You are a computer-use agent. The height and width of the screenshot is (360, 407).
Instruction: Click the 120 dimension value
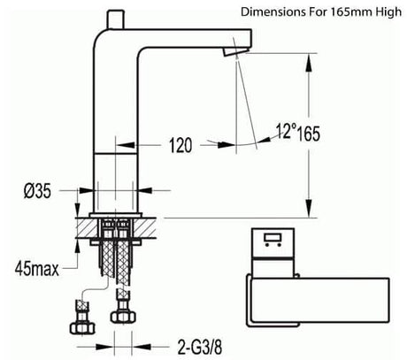[180, 145]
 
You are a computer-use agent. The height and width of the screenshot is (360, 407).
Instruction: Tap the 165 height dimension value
[308, 134]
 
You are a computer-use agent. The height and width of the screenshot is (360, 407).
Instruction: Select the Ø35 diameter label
[37, 191]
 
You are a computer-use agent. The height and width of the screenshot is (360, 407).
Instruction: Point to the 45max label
[37, 269]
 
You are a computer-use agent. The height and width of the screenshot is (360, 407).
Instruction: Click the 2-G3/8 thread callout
[200, 347]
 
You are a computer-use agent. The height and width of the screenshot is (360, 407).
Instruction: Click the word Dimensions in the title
[273, 12]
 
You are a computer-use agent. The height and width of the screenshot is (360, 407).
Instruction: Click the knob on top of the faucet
[115, 19]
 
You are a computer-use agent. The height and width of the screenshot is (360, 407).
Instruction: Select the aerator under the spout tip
[234, 52]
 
